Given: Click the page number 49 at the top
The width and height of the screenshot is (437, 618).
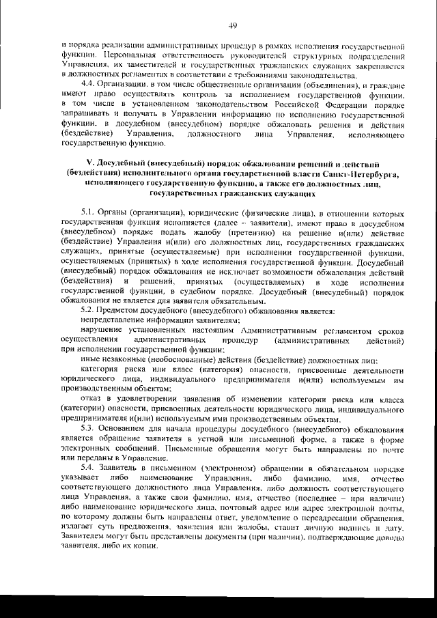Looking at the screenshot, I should click(x=233, y=25).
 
